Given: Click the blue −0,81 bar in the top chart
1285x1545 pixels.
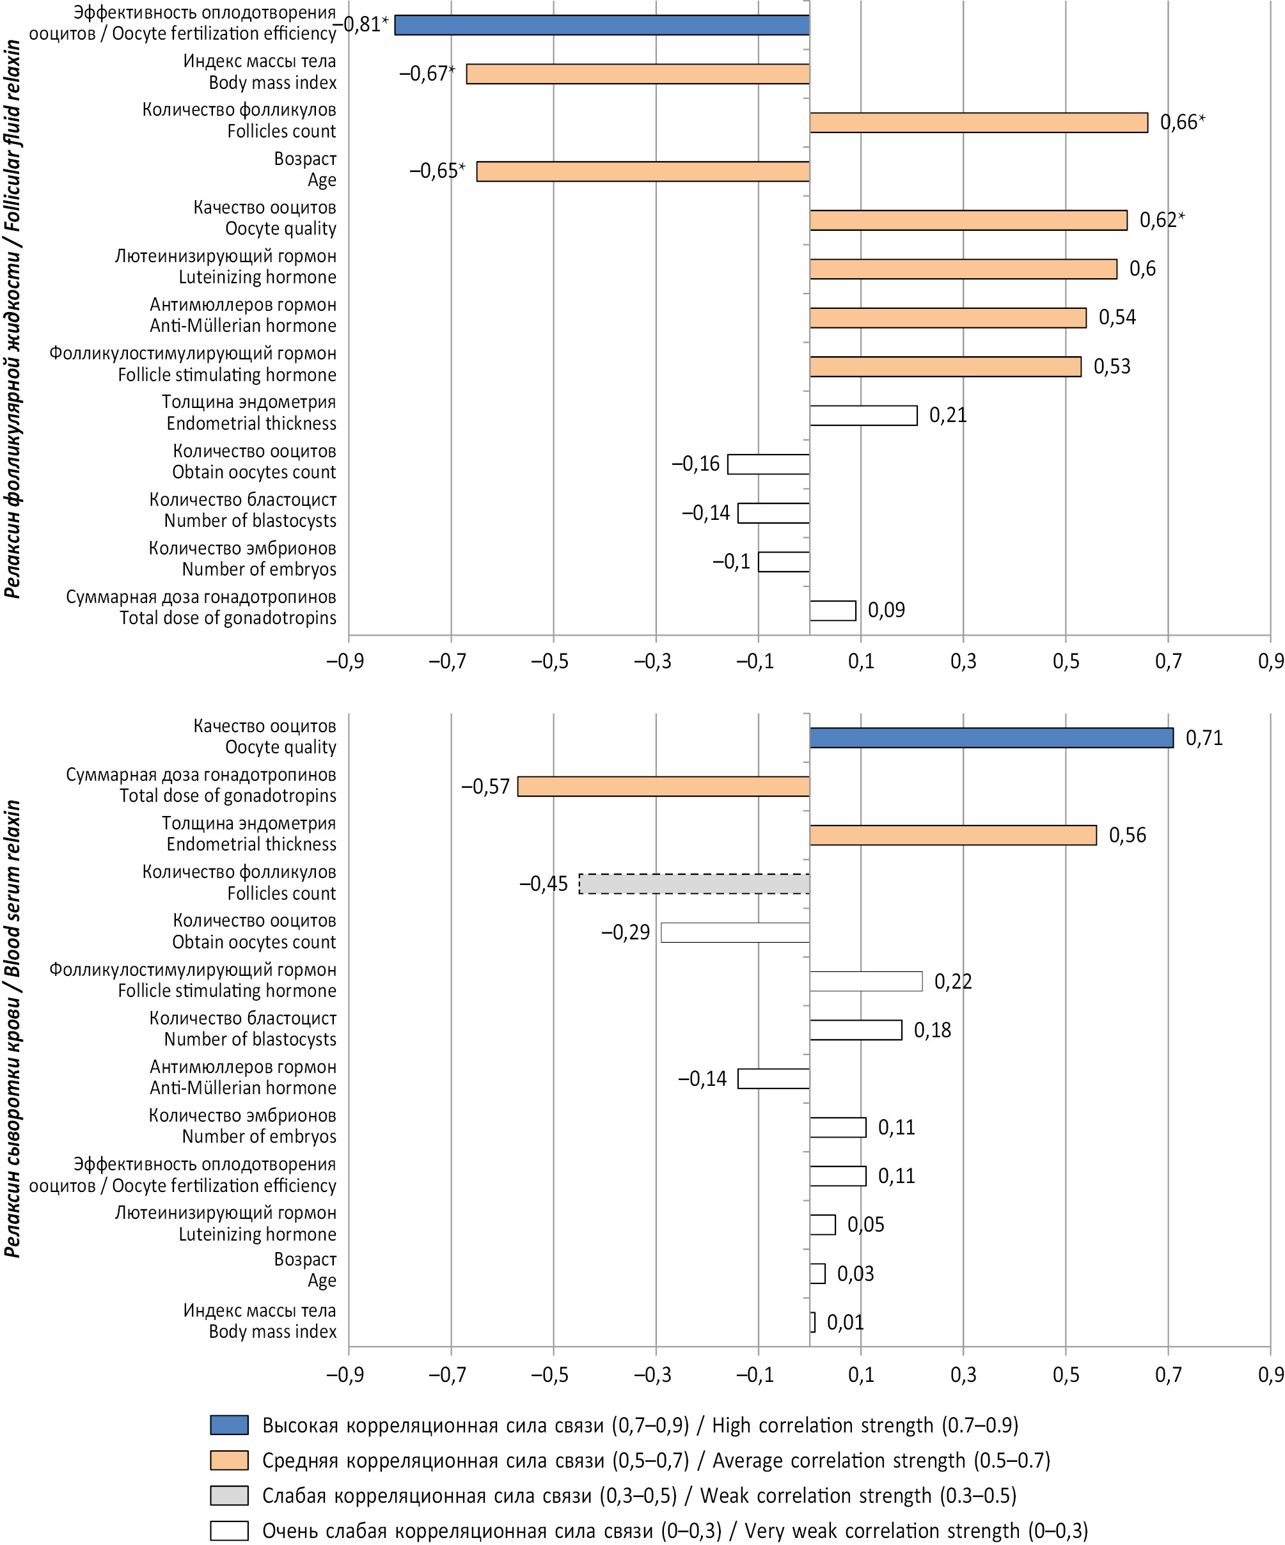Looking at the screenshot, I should [602, 25].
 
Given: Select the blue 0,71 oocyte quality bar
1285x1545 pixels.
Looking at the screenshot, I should [991, 738].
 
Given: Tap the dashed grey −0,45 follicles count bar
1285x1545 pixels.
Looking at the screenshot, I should [694, 884].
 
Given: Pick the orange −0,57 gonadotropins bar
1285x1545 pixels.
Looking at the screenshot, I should [663, 787].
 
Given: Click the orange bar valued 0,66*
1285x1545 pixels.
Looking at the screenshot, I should [979, 123].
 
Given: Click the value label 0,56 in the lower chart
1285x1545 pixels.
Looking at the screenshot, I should [1128, 835].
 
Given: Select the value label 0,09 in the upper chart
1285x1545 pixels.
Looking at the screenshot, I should [886, 611].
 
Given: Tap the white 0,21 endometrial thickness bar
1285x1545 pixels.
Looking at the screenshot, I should [863, 416].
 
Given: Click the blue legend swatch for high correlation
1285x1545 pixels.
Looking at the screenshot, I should [229, 1425].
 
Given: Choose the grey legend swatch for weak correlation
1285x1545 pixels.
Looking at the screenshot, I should [229, 1496].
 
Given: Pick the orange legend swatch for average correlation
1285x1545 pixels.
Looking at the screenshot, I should [229, 1461].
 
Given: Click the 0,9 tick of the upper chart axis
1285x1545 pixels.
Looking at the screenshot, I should [1270, 661].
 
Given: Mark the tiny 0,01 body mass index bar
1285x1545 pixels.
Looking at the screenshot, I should [812, 1322].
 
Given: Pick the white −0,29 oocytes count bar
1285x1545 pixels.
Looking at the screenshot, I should [735, 932].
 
